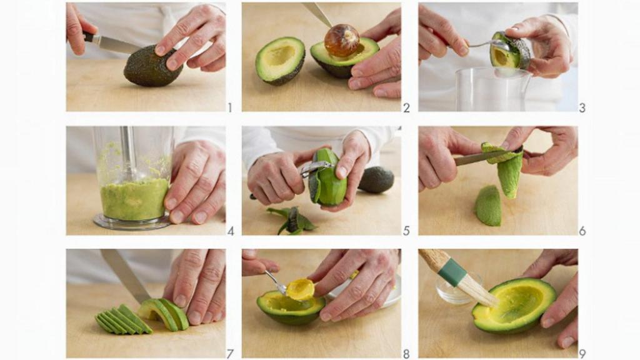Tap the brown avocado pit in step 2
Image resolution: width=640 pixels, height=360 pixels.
[x=342, y=41]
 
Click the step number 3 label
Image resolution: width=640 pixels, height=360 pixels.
[x=582, y=107]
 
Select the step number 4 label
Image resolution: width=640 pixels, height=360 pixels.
[x=230, y=231]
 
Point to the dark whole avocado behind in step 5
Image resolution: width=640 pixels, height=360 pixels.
[x=376, y=180]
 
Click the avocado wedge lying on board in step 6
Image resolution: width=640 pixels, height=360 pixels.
[x=489, y=206]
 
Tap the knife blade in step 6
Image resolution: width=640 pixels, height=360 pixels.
[x=478, y=157]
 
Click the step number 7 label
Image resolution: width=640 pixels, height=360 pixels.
[x=230, y=354]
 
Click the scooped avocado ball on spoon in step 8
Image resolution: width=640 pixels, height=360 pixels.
[x=301, y=288]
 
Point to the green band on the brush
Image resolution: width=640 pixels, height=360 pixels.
[x=452, y=272]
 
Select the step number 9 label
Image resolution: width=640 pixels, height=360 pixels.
[x=582, y=354]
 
